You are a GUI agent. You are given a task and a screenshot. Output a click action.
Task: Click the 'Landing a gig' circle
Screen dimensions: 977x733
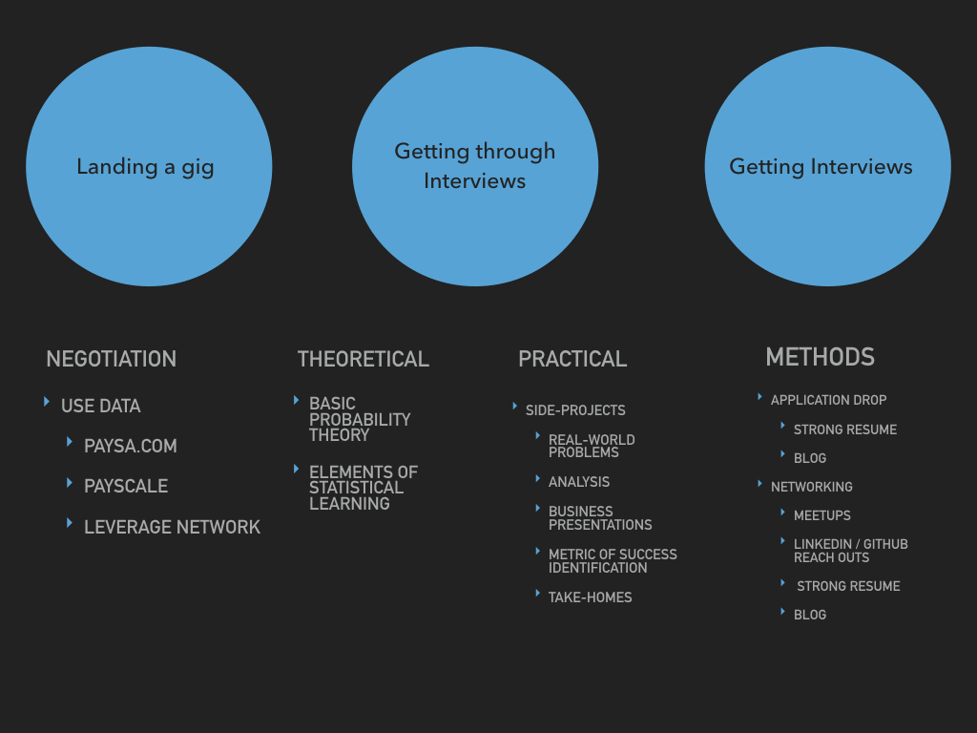149,166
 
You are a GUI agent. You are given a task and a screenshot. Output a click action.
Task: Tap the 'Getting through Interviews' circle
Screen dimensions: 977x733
475,166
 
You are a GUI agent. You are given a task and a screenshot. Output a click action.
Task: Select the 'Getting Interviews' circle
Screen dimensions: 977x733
827,166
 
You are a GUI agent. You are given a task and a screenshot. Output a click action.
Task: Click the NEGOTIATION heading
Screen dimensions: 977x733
111,359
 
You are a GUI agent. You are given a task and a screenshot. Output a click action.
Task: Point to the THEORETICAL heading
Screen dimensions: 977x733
364,359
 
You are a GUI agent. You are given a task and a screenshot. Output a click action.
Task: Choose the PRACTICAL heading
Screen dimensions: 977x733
572,359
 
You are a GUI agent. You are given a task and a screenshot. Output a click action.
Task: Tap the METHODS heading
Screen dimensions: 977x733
820,357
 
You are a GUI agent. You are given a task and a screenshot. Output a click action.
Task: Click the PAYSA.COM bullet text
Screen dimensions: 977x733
130,447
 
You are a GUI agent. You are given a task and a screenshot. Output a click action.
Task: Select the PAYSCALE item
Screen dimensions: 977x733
126,486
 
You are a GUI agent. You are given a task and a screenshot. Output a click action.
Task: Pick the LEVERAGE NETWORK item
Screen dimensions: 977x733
172,527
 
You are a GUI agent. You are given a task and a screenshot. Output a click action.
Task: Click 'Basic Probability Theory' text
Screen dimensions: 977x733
360,420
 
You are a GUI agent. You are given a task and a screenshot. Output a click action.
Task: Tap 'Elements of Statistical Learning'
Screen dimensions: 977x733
364,488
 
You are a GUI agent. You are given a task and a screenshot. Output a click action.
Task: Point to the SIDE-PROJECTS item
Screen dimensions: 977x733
575,410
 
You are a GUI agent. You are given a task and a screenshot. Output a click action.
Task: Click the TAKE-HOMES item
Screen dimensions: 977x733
590,597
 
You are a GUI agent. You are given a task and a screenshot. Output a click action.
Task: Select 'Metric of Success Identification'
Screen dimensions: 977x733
613,561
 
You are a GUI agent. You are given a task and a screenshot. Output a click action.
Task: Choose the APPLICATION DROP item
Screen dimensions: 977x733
829,400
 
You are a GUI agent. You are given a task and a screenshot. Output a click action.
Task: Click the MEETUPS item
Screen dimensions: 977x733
821,515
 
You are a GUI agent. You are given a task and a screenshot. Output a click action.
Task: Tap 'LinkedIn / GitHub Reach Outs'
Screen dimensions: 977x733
850,551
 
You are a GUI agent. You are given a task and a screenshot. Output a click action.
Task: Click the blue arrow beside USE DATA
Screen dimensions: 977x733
47,402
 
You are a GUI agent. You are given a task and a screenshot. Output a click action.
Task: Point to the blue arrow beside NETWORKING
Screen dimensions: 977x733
759,484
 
